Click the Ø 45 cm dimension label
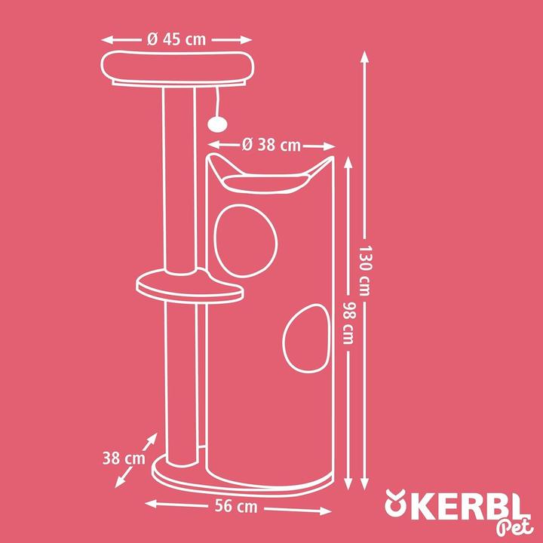(x=176, y=40)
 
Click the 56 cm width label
(x=238, y=507)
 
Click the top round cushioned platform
(x=176, y=68)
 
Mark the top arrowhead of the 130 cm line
(x=365, y=57)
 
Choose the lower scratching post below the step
(x=181, y=377)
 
